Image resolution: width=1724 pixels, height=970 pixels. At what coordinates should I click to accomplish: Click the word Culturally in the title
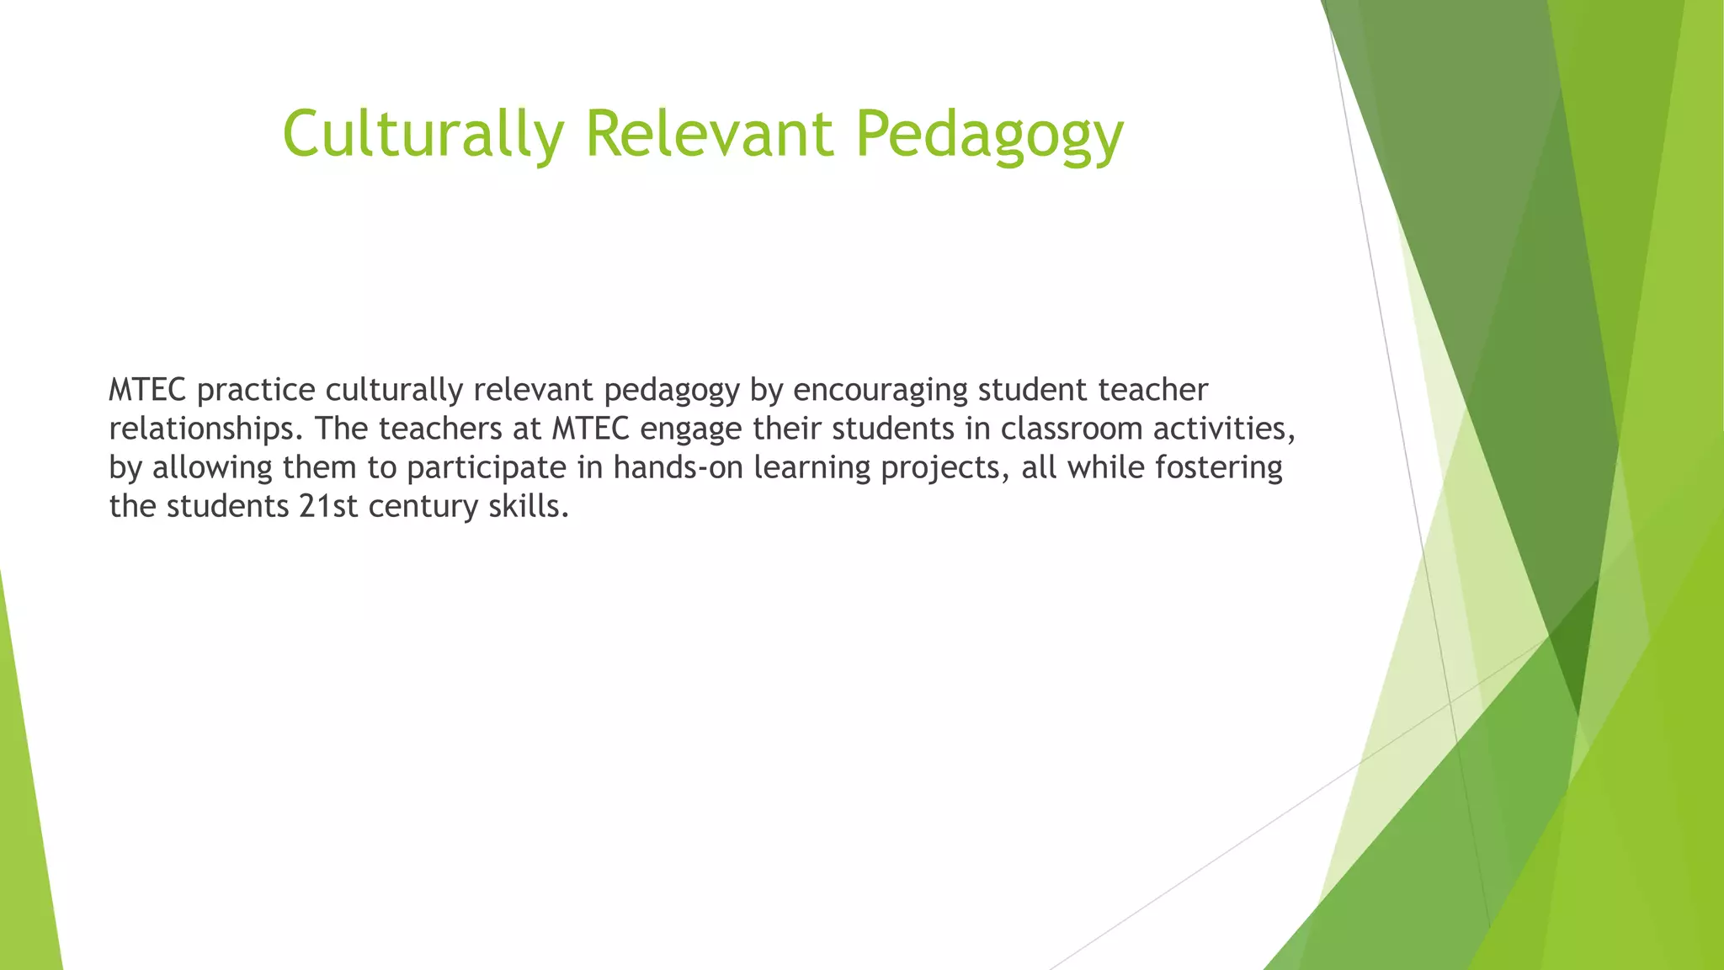423,133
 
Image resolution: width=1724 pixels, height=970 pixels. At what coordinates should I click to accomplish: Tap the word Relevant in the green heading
709,133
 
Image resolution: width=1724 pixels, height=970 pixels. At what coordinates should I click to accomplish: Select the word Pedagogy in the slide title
989,135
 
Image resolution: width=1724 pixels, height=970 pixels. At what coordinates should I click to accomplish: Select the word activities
1223,429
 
